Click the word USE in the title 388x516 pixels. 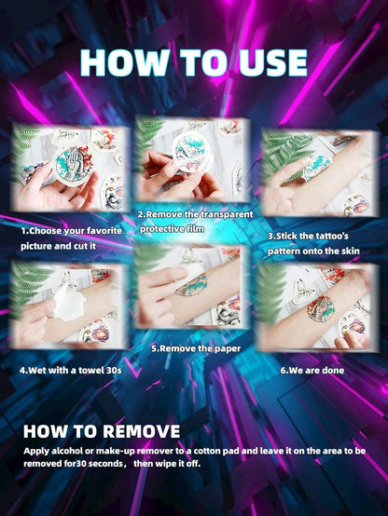click(273, 62)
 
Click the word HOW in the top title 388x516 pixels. click(124, 62)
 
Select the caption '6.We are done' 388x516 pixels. click(312, 371)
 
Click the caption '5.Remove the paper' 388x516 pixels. click(196, 348)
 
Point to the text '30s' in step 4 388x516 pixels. click(114, 371)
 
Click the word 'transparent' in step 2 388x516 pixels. click(228, 214)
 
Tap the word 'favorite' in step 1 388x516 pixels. click(105, 231)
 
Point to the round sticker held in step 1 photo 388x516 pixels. click(73, 166)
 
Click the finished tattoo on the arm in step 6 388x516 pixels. click(321, 308)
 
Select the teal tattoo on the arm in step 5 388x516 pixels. click(192, 285)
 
